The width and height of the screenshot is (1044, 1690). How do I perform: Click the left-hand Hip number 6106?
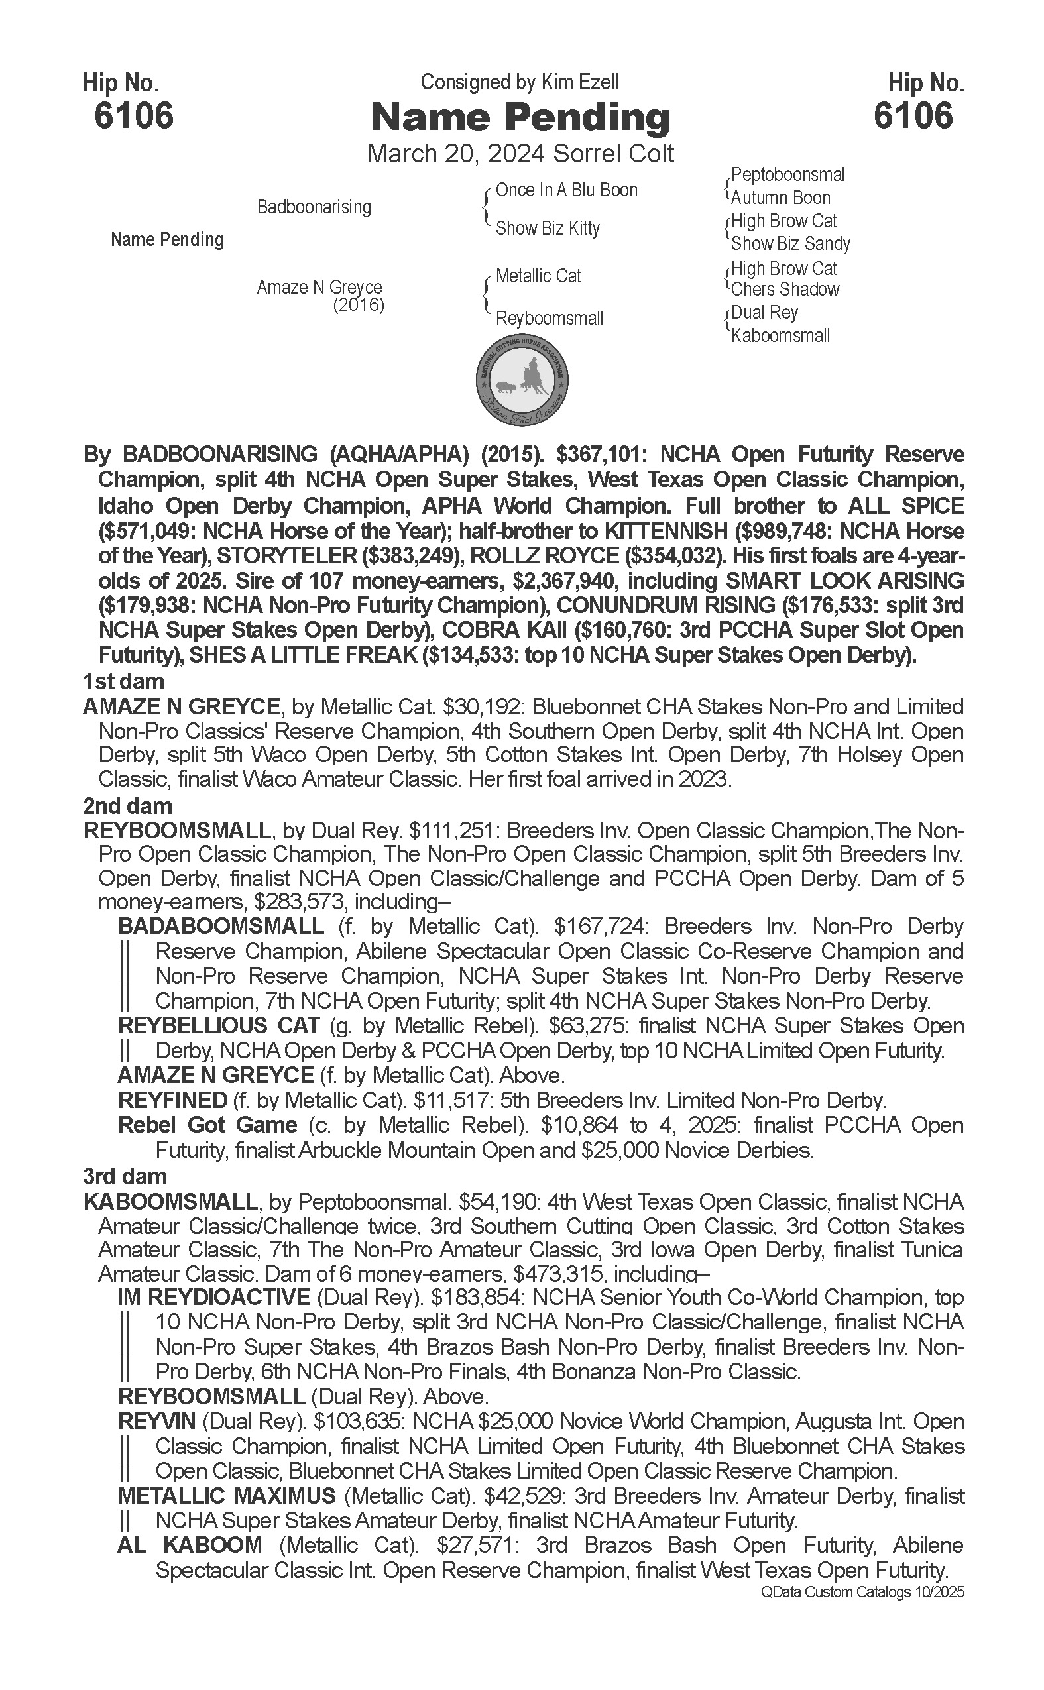point(134,115)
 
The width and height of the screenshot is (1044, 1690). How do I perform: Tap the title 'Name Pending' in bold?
point(520,117)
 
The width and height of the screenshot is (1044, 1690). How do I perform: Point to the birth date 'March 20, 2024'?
point(424,153)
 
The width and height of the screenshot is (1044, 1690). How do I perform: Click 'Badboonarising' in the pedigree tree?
point(314,207)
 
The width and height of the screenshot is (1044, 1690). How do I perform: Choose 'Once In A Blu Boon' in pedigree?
point(566,191)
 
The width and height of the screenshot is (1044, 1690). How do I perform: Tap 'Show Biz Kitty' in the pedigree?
point(548,229)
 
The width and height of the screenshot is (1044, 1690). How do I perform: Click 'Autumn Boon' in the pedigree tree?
point(780,198)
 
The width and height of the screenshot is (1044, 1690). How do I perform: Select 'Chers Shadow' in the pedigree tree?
point(785,290)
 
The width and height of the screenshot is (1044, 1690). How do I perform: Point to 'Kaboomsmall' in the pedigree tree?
point(780,336)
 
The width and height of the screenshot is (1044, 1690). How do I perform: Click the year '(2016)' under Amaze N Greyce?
point(359,305)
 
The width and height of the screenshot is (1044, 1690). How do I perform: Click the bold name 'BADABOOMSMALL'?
point(221,927)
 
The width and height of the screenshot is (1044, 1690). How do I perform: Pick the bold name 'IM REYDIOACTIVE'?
point(213,1297)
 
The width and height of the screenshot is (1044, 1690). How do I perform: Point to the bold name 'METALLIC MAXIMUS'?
point(227,1496)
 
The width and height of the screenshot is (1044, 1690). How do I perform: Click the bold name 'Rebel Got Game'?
point(207,1125)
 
